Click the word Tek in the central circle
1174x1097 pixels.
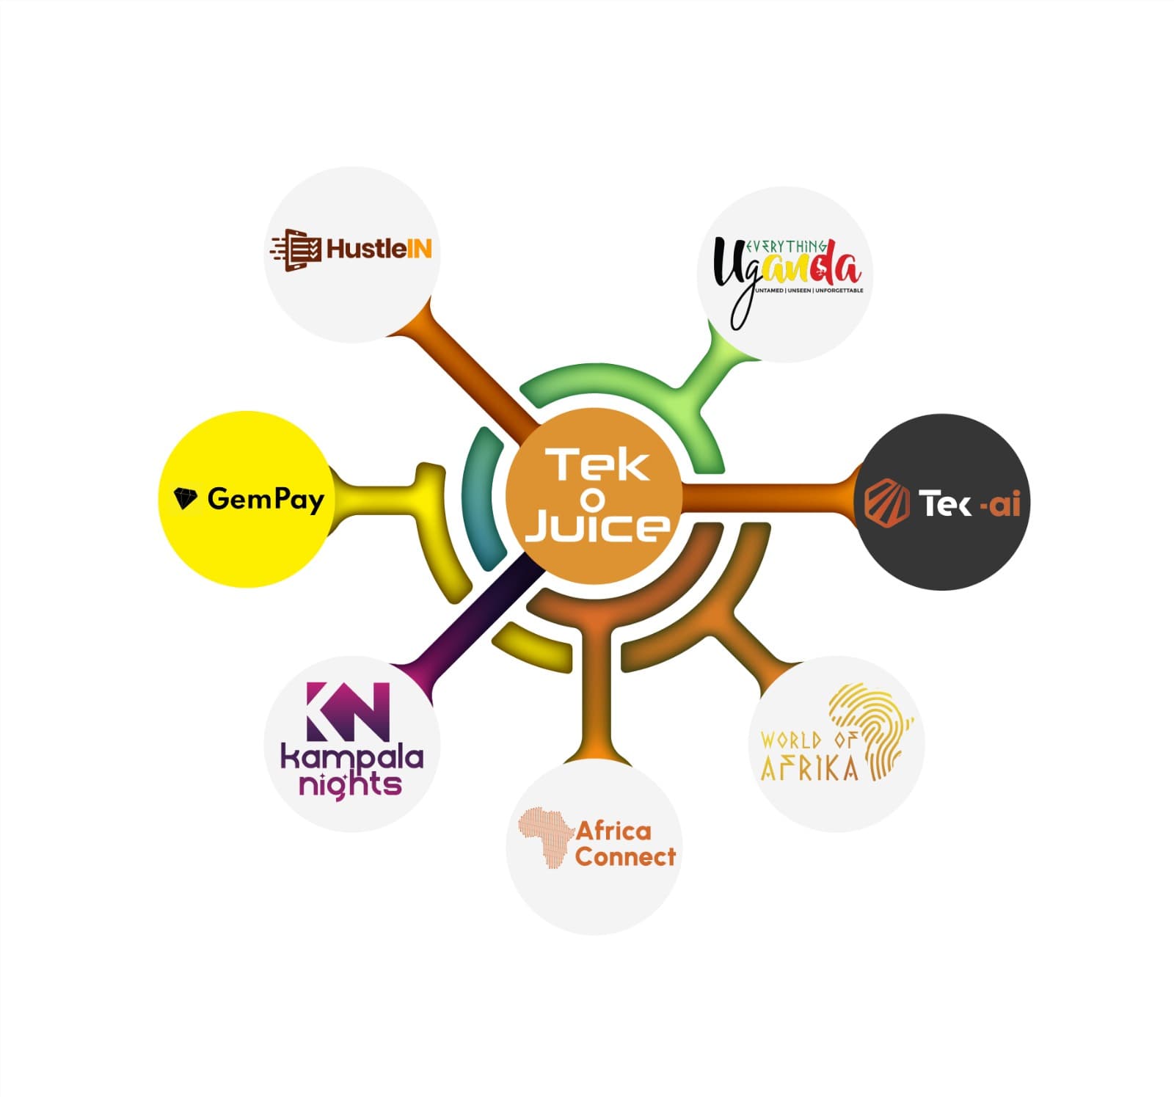[595, 465]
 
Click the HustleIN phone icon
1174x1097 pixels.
[296, 249]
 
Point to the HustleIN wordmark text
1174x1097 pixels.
[379, 249]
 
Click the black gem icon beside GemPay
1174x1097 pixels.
[186, 498]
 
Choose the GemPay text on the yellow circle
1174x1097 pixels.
[266, 500]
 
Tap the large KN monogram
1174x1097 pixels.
[348, 711]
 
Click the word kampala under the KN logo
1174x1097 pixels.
[352, 757]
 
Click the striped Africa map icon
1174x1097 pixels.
[546, 837]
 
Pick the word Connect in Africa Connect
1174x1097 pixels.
[625, 856]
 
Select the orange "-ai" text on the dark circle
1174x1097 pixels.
[999, 504]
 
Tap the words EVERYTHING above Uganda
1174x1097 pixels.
[786, 247]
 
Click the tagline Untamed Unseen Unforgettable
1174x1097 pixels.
[809, 291]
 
